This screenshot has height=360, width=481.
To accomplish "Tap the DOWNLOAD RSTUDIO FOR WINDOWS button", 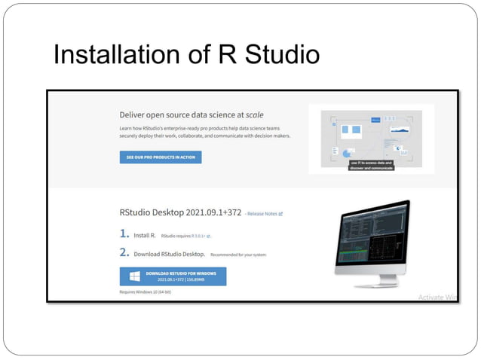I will point(173,276).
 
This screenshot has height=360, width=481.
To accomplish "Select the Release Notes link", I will point(265,213).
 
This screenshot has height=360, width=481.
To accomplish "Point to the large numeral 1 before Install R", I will point(124,234).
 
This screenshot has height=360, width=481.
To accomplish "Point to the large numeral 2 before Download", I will point(124,254).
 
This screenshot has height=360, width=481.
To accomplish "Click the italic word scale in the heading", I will point(254,114).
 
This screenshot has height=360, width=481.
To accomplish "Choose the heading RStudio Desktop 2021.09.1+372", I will point(180,212).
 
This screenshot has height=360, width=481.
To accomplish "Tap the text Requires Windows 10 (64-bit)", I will point(146,291).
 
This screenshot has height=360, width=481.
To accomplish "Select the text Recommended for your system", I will point(237,255).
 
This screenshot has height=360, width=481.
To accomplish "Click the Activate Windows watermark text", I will point(437,297).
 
